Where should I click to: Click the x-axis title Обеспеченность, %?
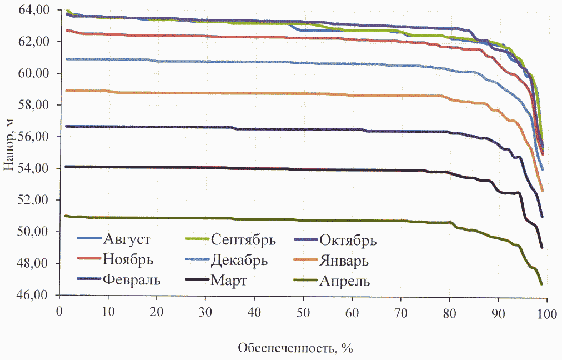click(x=295, y=348)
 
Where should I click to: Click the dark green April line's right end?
click(x=541, y=284)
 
